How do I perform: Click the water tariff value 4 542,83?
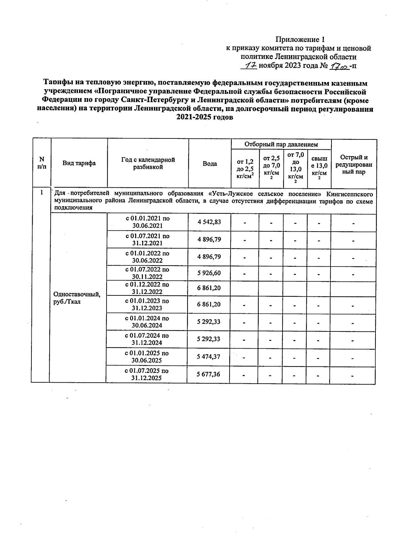click(x=209, y=222)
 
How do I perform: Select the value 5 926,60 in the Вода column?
click(x=209, y=273)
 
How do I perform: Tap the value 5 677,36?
click(x=208, y=374)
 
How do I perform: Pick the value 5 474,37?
click(x=208, y=357)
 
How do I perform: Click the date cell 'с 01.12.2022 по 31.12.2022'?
click(x=147, y=288)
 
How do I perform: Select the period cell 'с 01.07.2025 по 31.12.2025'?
click(x=147, y=374)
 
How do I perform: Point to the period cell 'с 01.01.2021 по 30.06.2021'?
click(x=148, y=222)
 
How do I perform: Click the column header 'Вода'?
click(x=210, y=164)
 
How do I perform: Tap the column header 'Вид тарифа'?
click(x=79, y=163)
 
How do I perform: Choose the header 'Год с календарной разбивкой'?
click(x=148, y=163)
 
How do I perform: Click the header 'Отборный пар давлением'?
click(x=281, y=144)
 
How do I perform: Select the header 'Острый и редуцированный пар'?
click(x=354, y=165)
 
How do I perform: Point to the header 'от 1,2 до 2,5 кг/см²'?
click(x=245, y=168)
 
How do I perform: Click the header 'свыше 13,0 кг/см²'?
click(x=319, y=168)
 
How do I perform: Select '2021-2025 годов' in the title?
click(x=205, y=118)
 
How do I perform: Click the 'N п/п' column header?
click(x=42, y=163)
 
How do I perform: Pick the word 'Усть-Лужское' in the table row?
click(x=231, y=193)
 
